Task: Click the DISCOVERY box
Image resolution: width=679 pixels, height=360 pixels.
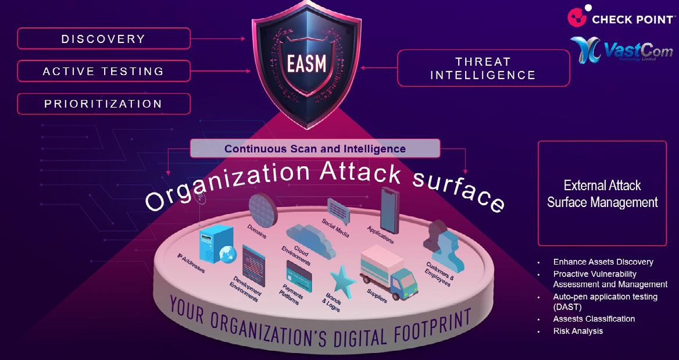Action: point(103,39)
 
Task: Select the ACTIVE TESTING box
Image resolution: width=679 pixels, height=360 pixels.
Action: point(103,72)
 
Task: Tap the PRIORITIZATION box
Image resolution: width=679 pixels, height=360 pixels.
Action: point(103,104)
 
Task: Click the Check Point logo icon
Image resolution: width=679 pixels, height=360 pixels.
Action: point(577,16)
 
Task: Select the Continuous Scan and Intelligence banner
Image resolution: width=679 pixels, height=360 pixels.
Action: point(315,149)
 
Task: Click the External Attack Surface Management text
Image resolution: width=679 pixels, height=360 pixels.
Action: point(602,194)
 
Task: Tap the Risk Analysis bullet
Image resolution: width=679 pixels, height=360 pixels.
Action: point(578,331)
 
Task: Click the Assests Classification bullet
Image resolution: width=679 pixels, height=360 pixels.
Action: point(594,319)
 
